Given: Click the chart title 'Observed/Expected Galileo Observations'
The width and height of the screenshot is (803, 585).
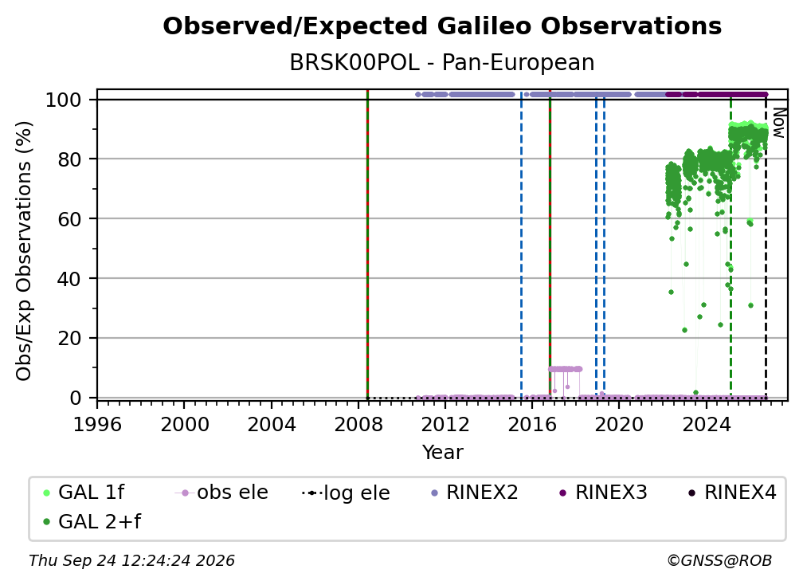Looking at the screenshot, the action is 442,26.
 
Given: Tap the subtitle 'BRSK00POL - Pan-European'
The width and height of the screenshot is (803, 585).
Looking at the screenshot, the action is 442,62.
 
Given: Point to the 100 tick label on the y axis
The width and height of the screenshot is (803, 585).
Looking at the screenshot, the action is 64,100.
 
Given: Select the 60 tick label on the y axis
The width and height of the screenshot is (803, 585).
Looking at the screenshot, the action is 69,218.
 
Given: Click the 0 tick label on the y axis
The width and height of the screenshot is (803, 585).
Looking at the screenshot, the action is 76,398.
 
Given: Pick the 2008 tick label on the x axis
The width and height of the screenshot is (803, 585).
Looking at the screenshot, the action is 358,425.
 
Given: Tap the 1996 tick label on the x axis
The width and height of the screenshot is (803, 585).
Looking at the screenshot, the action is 97,425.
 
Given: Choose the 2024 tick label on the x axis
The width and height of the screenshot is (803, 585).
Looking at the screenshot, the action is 706,425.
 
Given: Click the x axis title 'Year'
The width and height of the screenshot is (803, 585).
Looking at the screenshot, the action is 442,453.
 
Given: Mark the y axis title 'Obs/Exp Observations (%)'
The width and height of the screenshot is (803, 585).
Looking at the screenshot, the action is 24,250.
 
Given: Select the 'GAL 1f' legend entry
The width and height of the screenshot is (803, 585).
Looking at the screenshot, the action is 84,493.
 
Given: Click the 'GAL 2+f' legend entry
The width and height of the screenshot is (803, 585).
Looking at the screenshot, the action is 92,521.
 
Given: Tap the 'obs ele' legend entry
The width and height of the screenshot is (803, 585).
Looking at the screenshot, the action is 221,493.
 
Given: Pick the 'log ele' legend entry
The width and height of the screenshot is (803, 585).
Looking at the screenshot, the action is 347,493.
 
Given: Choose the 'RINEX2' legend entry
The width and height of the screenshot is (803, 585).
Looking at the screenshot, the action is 475,493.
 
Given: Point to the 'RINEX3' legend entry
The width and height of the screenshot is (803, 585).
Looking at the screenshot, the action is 604,493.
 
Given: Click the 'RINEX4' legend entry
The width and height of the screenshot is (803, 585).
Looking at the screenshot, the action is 733,493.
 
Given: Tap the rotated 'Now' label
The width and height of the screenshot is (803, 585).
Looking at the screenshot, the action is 778,123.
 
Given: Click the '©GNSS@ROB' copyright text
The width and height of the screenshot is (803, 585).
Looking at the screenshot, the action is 719,560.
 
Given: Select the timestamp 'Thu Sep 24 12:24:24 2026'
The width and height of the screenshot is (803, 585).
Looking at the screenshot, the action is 131,560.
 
